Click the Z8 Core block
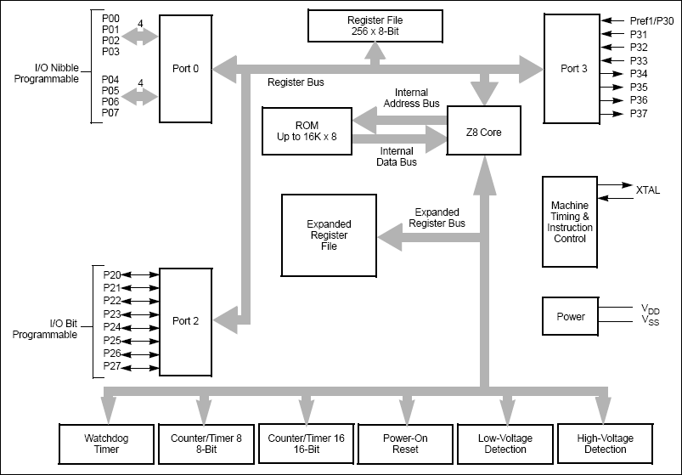(x=482, y=131)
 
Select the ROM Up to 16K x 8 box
(x=307, y=132)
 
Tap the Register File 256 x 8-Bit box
(x=374, y=25)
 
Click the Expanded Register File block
(x=329, y=235)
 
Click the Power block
(x=570, y=316)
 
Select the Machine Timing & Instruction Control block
(x=570, y=222)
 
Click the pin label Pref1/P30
(x=651, y=20)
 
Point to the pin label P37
(x=640, y=114)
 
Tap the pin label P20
(x=111, y=274)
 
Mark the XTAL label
(x=647, y=191)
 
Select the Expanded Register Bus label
(x=437, y=218)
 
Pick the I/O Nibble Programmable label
(x=45, y=73)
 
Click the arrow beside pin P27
(x=142, y=367)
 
